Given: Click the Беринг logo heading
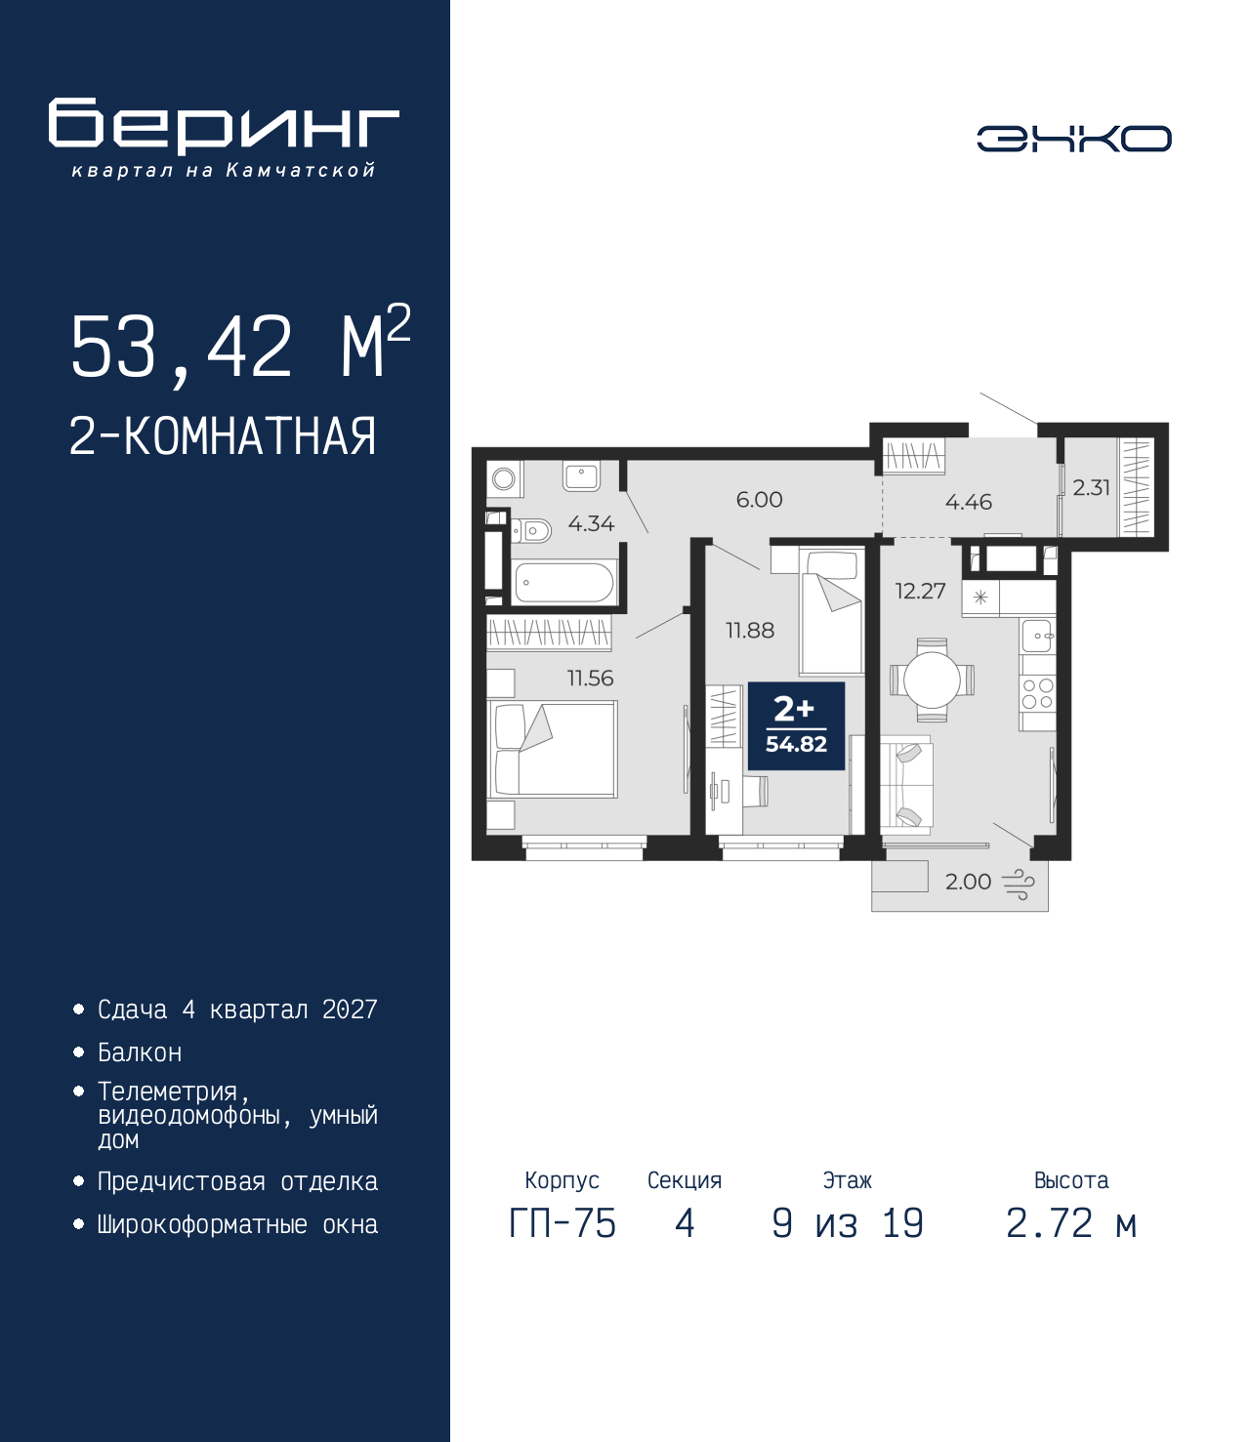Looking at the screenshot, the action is pyautogui.click(x=224, y=126).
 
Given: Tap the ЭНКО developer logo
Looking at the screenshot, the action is pyautogui.click(x=1073, y=139).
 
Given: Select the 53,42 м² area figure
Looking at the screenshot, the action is pyautogui.click(x=240, y=344).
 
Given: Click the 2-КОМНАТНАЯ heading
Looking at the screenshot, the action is pyautogui.click(x=223, y=436).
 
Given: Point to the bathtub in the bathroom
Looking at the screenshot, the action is pyautogui.click(x=563, y=583).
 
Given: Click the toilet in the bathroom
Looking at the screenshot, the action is pyautogui.click(x=532, y=531).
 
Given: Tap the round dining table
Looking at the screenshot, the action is pyautogui.click(x=932, y=680).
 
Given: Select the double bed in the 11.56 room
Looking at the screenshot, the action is pyautogui.click(x=553, y=750).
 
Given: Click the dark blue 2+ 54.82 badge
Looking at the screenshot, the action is pyautogui.click(x=796, y=726).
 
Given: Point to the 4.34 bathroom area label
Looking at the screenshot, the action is pyautogui.click(x=591, y=523).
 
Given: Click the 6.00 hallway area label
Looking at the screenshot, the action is pyautogui.click(x=760, y=500).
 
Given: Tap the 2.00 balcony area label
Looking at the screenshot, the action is pyautogui.click(x=968, y=882).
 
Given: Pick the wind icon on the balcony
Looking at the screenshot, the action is pyautogui.click(x=1019, y=884).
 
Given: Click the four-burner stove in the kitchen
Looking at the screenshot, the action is pyautogui.click(x=1037, y=693).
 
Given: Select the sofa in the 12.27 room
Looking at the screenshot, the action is pyautogui.click(x=906, y=785).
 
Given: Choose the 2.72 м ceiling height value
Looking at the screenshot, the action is pyautogui.click(x=1070, y=1223).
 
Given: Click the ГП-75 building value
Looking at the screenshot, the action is pyautogui.click(x=562, y=1223).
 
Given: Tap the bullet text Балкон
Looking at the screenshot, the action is pyautogui.click(x=140, y=1052).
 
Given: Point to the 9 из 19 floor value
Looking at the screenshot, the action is pyautogui.click(x=848, y=1223).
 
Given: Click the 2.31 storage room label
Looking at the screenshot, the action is pyautogui.click(x=1091, y=487).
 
